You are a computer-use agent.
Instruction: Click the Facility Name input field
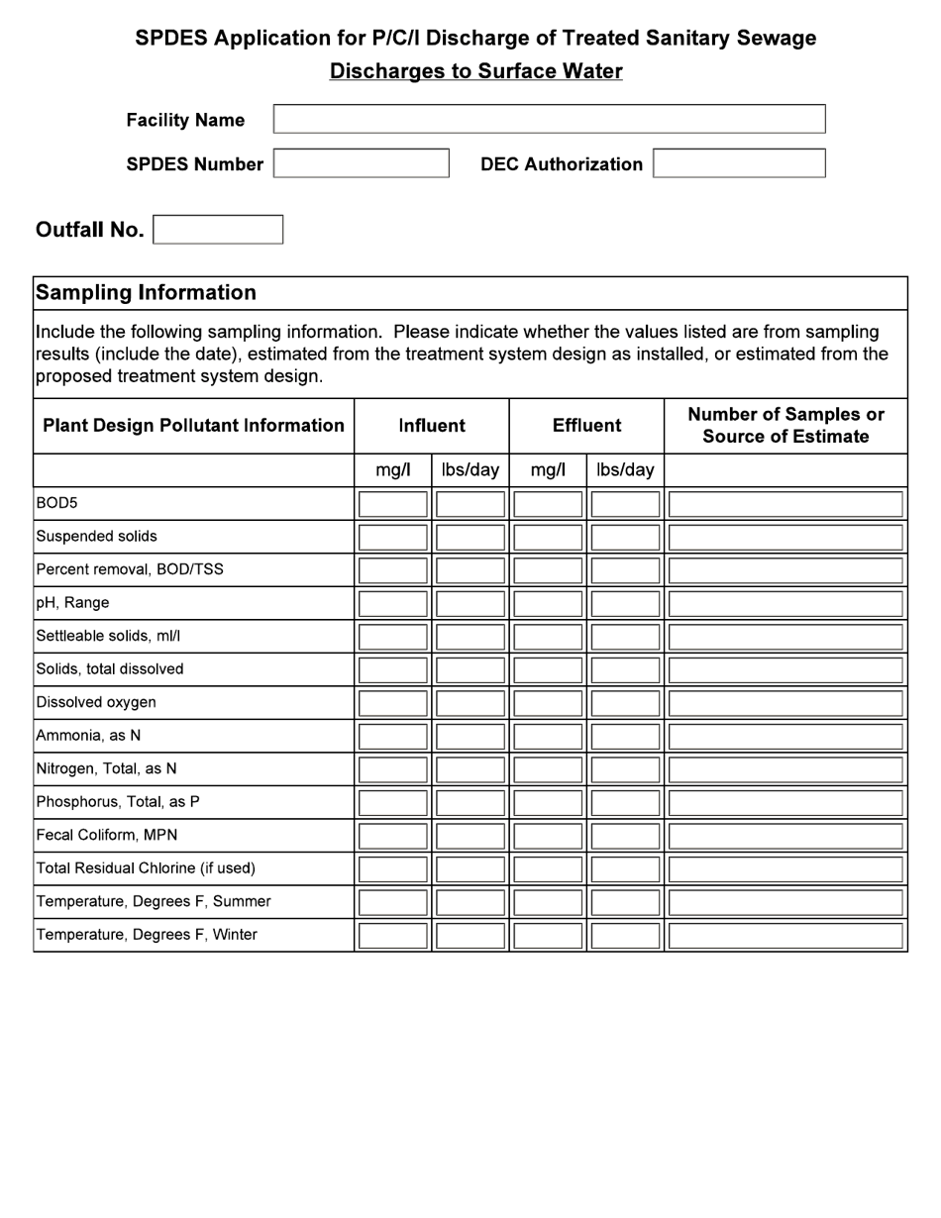tap(549, 119)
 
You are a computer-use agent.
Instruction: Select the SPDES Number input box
tap(361, 163)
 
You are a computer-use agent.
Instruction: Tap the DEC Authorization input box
tap(739, 163)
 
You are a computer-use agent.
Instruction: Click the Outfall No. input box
tap(218, 230)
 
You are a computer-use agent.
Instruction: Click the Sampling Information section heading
tap(147, 293)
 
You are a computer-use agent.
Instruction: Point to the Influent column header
tap(432, 426)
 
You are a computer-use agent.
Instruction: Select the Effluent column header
tap(586, 426)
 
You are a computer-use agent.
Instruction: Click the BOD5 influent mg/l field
tap(393, 504)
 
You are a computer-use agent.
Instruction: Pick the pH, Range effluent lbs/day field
tap(625, 603)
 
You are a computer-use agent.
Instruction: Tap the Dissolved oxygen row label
tap(96, 703)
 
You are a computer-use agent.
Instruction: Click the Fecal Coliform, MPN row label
tap(107, 836)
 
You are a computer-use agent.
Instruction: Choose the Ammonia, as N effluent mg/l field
tap(548, 736)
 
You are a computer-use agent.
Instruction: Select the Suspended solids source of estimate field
tap(785, 537)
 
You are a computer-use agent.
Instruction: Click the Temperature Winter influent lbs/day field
tap(470, 935)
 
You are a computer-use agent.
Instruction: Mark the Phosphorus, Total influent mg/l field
tap(393, 802)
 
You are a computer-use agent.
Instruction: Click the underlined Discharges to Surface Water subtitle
tap(475, 71)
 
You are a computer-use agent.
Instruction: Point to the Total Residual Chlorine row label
tap(146, 868)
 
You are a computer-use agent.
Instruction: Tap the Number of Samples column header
tap(785, 426)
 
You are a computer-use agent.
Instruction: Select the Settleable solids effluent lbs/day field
tap(625, 637)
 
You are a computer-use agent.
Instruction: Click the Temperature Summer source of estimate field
tap(785, 902)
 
